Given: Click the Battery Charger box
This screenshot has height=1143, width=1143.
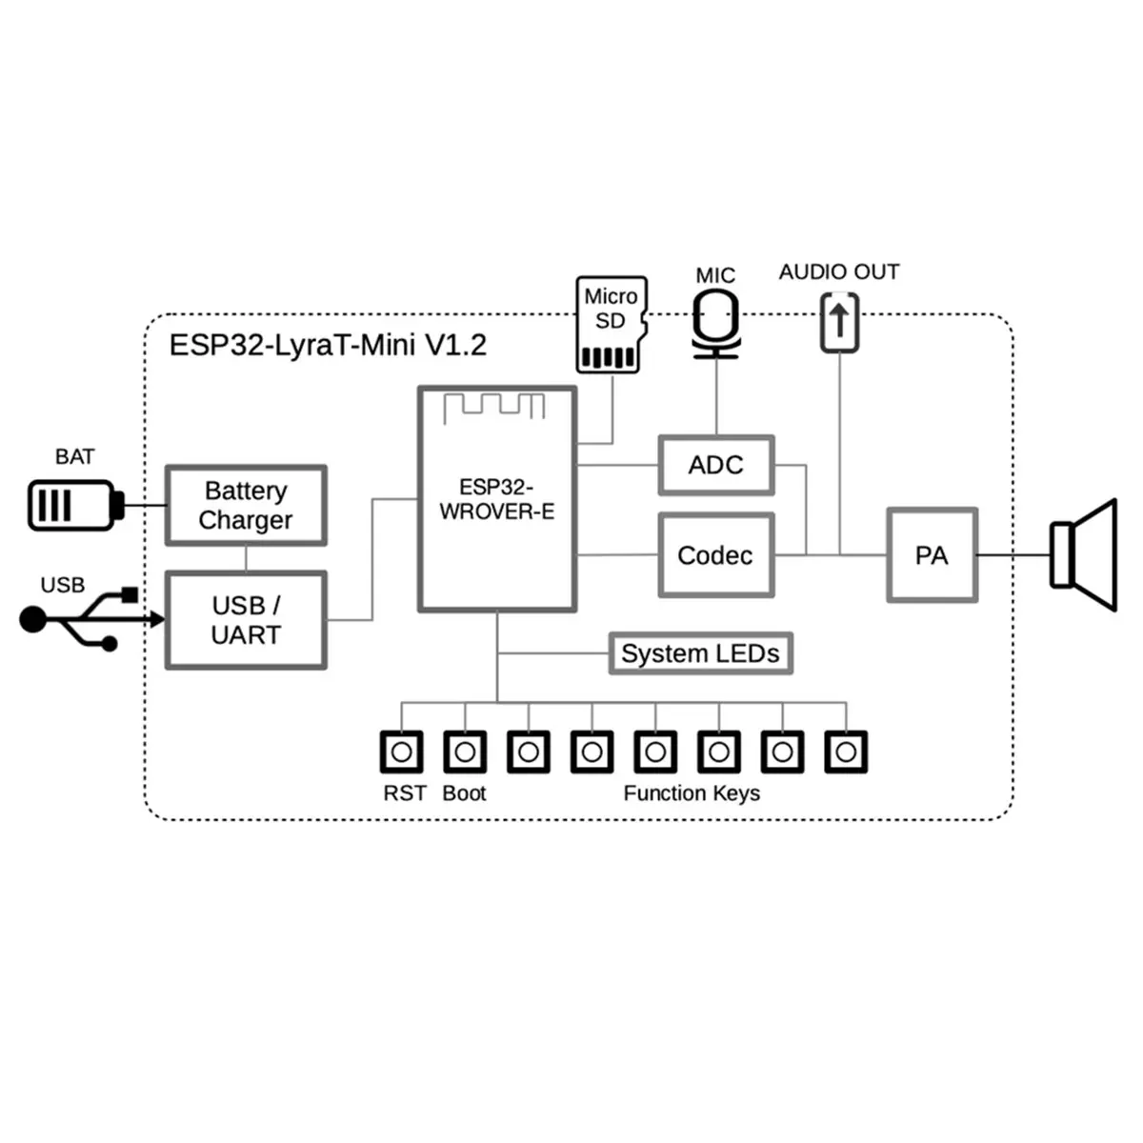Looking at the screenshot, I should (x=246, y=506).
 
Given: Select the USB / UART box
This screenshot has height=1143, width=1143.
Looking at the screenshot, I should (x=246, y=620).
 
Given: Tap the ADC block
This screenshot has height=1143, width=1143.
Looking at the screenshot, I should (x=715, y=466).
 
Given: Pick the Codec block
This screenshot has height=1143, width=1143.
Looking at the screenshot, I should (x=715, y=555).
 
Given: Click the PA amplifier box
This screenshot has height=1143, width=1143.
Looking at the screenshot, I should (x=932, y=555).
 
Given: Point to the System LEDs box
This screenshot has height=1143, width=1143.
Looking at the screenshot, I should (x=700, y=653).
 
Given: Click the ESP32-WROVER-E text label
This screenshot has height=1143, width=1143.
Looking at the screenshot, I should (x=496, y=499).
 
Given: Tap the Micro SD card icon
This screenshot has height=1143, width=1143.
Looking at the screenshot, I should (x=611, y=325).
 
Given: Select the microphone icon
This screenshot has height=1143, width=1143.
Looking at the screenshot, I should (x=715, y=323).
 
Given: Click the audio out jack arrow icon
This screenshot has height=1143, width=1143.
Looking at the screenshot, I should (x=839, y=322).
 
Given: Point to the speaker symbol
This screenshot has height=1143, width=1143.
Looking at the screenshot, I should (x=1083, y=555).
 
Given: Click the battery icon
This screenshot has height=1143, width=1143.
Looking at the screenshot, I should (x=74, y=506).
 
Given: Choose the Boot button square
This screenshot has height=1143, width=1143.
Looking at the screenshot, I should (x=465, y=752).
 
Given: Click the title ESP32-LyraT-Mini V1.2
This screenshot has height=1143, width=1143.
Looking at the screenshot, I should (x=328, y=345).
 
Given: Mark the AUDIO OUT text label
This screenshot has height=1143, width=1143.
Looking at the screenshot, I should (x=838, y=272).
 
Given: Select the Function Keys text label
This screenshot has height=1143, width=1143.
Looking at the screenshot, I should (x=692, y=793).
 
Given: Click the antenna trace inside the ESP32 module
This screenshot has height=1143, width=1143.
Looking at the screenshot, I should (x=493, y=405).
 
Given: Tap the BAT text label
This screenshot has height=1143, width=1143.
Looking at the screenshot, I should (x=74, y=457).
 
